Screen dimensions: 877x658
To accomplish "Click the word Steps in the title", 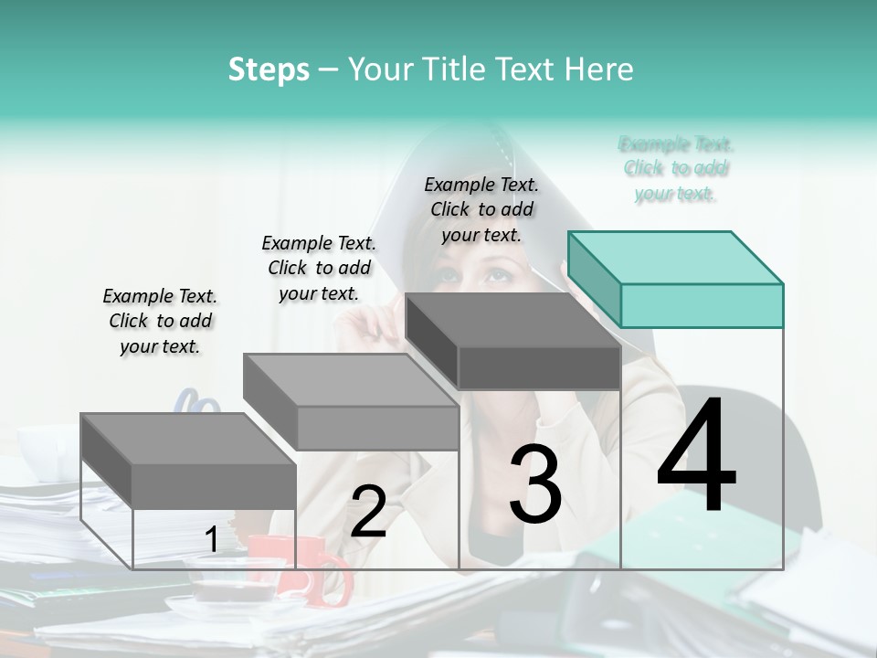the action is click(x=269, y=70).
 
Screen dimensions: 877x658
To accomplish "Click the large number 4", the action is click(x=697, y=453).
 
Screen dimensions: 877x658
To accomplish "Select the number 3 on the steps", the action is click(x=535, y=483).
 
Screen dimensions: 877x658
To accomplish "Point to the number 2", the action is click(x=368, y=511).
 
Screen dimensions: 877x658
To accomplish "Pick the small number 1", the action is click(x=211, y=539).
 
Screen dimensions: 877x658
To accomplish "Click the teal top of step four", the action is click(x=676, y=258).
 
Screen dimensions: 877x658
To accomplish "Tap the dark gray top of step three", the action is click(x=513, y=320).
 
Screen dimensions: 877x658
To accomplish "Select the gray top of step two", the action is click(x=351, y=380).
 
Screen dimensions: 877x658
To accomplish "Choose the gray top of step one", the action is click(x=188, y=440).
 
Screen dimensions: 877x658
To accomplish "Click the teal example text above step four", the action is click(x=676, y=168).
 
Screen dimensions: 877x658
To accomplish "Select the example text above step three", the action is click(x=481, y=210).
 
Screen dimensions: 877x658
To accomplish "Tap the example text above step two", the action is click(x=319, y=268).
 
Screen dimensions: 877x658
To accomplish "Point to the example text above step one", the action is click(x=160, y=321).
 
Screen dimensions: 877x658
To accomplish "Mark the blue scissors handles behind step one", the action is click(x=195, y=402).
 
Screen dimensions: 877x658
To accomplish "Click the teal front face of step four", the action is click(x=702, y=305).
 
